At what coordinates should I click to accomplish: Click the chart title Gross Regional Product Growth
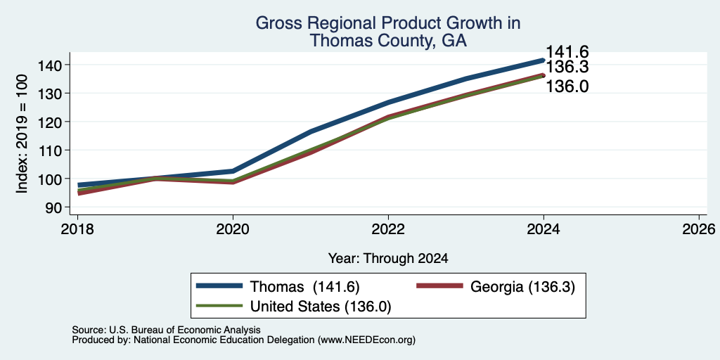coord(388,22)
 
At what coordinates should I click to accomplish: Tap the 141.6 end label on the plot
coord(567,52)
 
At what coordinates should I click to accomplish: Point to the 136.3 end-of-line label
coord(567,67)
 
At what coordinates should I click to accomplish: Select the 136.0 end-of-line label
coord(567,86)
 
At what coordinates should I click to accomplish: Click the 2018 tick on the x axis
coord(77,229)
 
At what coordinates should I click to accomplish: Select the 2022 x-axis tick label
coord(388,229)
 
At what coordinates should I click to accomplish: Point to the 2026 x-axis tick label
coord(699,229)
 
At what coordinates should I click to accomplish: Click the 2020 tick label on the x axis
coord(233,229)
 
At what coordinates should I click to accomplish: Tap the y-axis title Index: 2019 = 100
coord(22,134)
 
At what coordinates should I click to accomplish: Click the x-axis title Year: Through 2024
coord(388,259)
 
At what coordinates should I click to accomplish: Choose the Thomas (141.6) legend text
coord(304,287)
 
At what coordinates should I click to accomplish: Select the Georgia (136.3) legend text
coord(522,287)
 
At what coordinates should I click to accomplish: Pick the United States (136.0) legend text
coord(321,307)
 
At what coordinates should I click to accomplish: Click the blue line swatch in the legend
coord(219,285)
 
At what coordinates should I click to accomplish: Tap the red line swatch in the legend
coord(439,285)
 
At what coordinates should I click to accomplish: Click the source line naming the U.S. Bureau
coord(166,330)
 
